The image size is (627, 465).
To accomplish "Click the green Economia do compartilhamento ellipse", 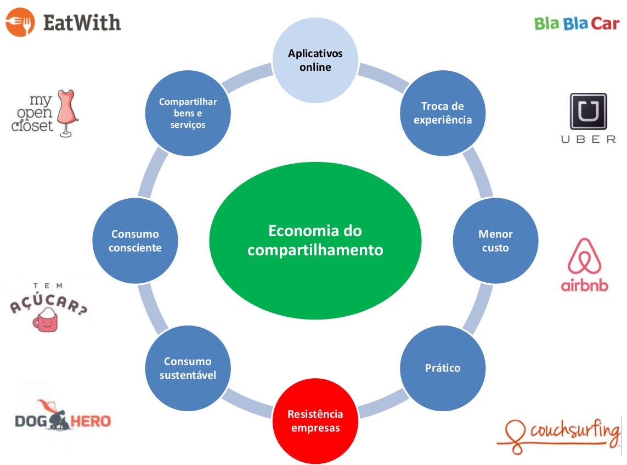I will coord(315,240).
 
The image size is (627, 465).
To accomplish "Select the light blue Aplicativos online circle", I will coord(315,60).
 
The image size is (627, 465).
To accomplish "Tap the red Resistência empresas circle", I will coord(315,421).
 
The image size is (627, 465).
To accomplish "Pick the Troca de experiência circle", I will coord(443,113).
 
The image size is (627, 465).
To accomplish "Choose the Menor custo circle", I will coord(495,240).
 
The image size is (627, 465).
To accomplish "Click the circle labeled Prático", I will coord(443,368).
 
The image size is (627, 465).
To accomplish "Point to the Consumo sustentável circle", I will coord(188,368).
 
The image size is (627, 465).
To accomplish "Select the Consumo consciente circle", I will coord(135,240).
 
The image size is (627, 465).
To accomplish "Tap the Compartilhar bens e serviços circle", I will coord(188,113).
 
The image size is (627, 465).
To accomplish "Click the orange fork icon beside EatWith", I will coord(20,22).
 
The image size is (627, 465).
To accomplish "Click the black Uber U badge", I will coord(588,111).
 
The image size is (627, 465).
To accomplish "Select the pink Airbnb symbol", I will coord(585,256).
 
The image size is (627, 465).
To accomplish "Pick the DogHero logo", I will coord(62,420).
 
